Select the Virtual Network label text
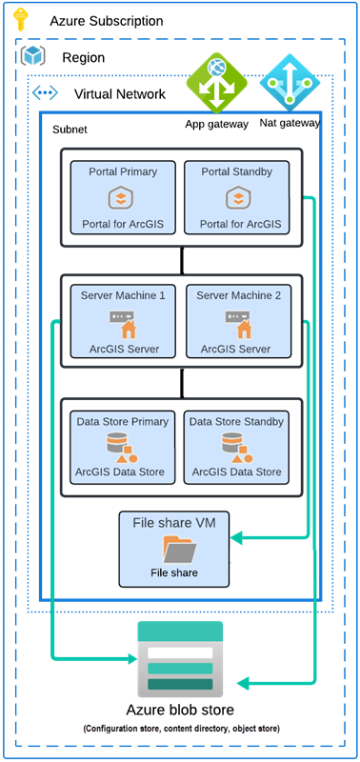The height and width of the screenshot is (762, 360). (119, 93)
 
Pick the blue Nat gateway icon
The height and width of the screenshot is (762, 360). (287, 83)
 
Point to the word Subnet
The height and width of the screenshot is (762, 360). (70, 129)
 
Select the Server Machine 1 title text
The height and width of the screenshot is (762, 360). (123, 295)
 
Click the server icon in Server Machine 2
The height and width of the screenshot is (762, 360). (238, 323)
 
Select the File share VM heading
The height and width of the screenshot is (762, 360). (174, 522)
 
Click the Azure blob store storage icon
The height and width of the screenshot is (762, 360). (180, 658)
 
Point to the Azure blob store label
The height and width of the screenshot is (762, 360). (180, 711)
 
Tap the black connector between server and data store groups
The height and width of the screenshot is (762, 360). (181, 382)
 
